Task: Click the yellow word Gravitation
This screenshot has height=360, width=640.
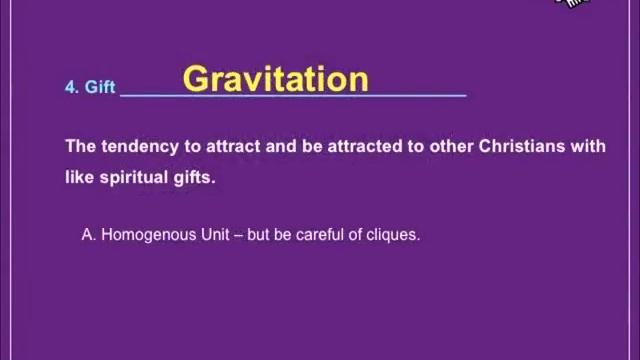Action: point(276,79)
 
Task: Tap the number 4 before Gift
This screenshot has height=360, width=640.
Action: point(70,87)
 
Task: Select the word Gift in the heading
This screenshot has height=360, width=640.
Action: point(100,87)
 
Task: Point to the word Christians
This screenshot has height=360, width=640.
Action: point(523,146)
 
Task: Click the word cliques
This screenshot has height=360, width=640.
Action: point(394,235)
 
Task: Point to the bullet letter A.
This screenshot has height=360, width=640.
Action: point(88,235)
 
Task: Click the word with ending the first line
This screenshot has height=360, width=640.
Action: point(588,146)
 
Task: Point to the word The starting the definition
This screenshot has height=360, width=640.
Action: point(81,146)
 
